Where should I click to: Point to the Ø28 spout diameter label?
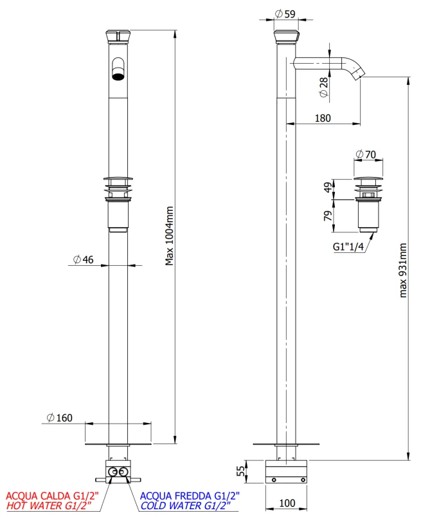click(x=323, y=87)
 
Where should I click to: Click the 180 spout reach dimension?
click(x=323, y=118)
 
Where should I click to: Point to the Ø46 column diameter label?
click(x=84, y=259)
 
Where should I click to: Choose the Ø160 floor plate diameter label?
click(x=59, y=418)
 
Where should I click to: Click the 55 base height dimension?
click(x=241, y=471)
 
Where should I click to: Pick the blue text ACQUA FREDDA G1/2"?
click(x=190, y=496)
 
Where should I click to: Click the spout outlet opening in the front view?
click(x=118, y=77)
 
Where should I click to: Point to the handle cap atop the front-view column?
click(x=118, y=35)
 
